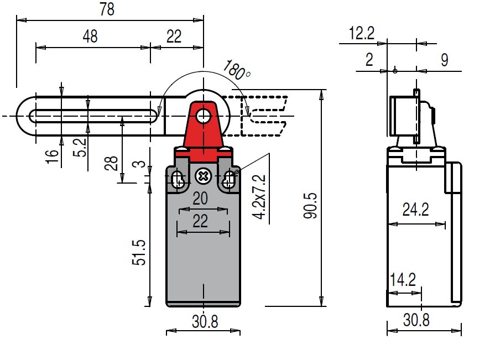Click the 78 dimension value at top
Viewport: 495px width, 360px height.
click(x=107, y=9)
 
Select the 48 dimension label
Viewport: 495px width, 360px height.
click(x=90, y=36)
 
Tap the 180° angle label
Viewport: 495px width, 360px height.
click(x=237, y=70)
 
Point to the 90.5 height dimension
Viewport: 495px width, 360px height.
click(x=310, y=205)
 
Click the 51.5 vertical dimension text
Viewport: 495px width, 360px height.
click(x=139, y=252)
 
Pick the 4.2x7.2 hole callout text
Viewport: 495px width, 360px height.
click(x=259, y=197)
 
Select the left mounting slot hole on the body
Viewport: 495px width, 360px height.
click(x=178, y=180)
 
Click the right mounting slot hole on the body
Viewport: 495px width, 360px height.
click(x=228, y=180)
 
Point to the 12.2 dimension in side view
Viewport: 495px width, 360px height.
click(x=362, y=33)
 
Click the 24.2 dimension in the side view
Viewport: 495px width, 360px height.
click(x=416, y=210)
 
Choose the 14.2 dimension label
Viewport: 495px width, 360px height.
click(x=403, y=280)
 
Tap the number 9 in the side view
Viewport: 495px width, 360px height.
click(x=445, y=60)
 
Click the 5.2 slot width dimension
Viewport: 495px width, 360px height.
click(x=80, y=147)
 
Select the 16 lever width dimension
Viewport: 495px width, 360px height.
click(x=52, y=156)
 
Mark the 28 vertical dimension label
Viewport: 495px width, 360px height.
click(x=111, y=163)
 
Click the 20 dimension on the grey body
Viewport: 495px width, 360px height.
click(x=200, y=199)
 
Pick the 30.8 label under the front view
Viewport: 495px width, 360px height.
click(x=205, y=321)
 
